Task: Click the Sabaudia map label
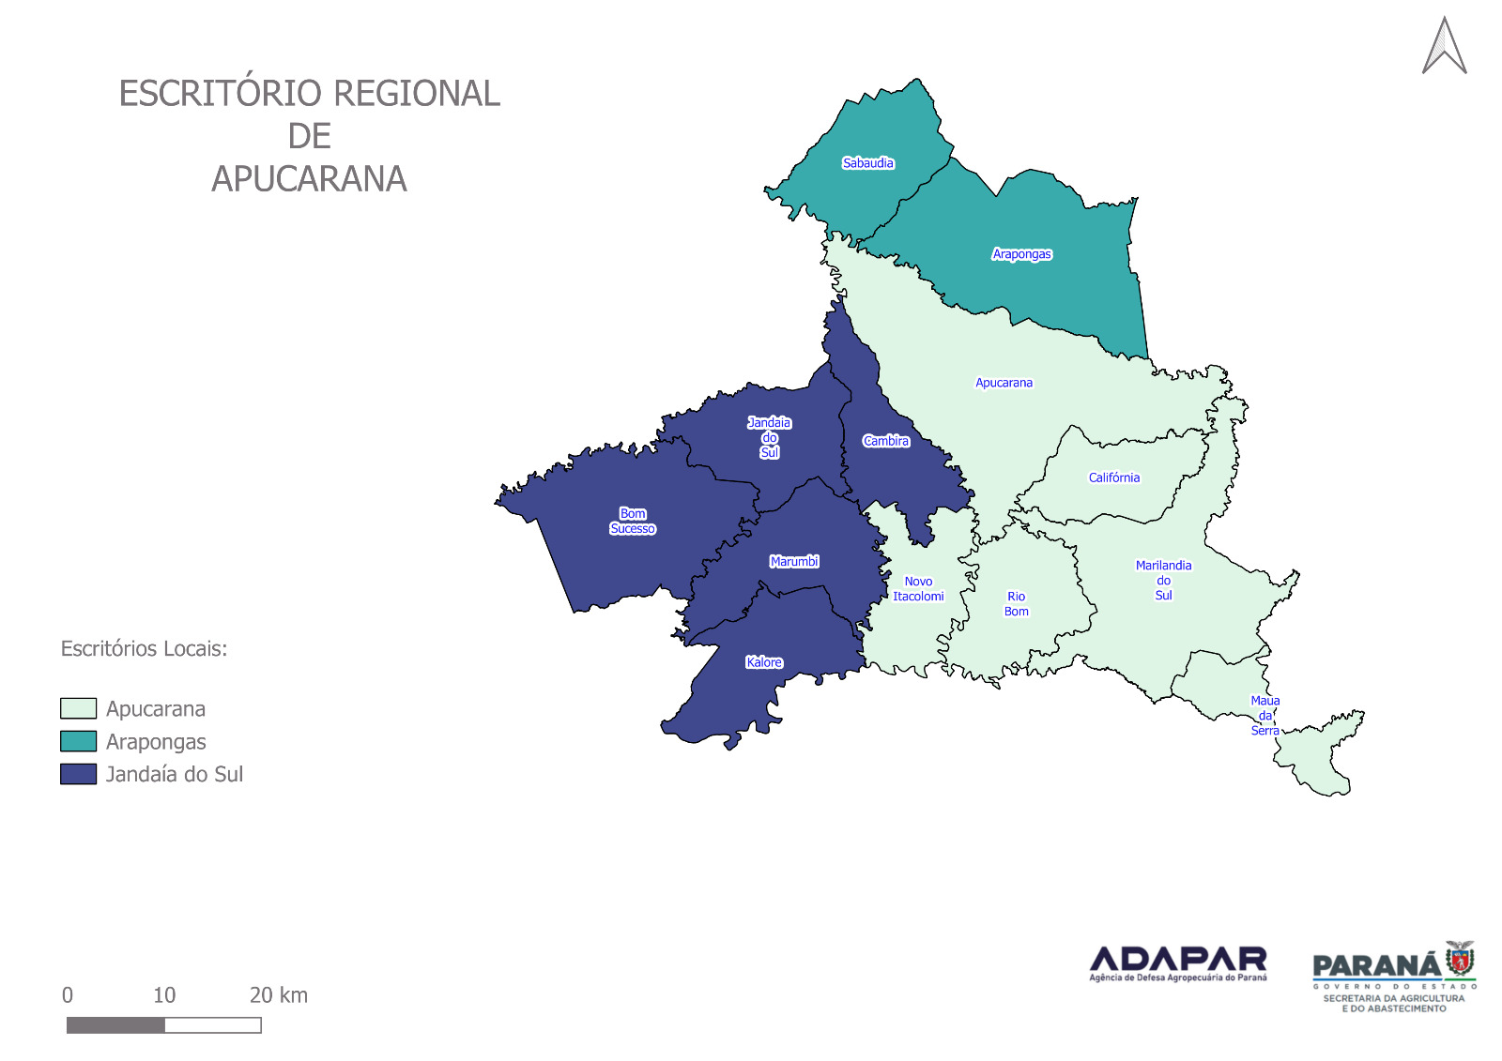tap(867, 163)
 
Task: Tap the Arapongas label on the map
tap(1021, 254)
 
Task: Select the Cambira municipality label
tap(886, 441)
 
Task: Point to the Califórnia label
tap(1113, 477)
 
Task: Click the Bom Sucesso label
tap(633, 522)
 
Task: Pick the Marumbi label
tap(794, 562)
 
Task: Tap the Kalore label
tap(764, 662)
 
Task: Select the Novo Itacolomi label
tap(918, 589)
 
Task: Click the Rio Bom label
tap(1016, 604)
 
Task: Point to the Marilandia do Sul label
tap(1163, 580)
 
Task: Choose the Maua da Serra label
tap(1264, 715)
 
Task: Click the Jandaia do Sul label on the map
tap(769, 437)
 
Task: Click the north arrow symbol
tap(1444, 47)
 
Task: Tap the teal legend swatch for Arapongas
tap(78, 741)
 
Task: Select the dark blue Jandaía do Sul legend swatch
tap(78, 774)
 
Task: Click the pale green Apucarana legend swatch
tap(78, 708)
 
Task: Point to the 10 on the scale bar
tap(164, 995)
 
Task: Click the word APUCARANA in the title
tap(309, 179)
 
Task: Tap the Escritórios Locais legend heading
tap(144, 649)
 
